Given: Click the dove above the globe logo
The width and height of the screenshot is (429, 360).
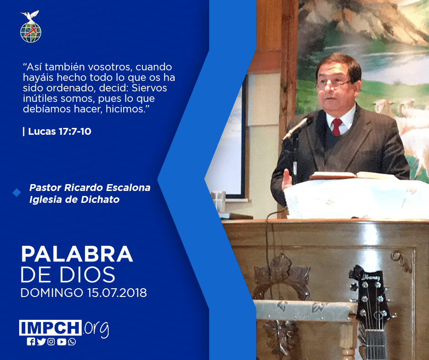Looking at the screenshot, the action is click(30, 16).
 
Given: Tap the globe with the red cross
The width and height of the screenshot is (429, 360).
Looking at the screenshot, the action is click(31, 32).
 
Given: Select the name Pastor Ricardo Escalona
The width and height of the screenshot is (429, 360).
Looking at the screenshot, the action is click(90, 188).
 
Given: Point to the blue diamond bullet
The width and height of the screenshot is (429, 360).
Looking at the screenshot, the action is click(17, 193).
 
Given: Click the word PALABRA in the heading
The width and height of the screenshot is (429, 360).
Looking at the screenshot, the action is click(77, 254).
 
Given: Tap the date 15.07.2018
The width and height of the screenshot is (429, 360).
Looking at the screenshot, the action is click(117, 293).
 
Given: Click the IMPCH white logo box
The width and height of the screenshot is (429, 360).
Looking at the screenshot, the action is click(50, 328).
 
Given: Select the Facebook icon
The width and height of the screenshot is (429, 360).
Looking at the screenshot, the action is click(31, 342).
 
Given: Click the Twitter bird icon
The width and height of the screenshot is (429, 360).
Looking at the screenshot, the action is click(41, 342).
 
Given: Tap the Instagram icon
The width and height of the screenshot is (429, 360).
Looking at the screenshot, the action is click(51, 342).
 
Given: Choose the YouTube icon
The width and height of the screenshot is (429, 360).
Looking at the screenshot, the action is click(62, 342).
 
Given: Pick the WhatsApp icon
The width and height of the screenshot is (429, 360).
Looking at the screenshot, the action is click(72, 342).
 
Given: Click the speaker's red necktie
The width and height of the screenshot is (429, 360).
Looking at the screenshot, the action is click(337, 127).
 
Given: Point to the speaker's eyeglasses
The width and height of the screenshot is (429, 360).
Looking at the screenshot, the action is click(332, 84).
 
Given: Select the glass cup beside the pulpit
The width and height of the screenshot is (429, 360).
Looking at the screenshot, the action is click(219, 201).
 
